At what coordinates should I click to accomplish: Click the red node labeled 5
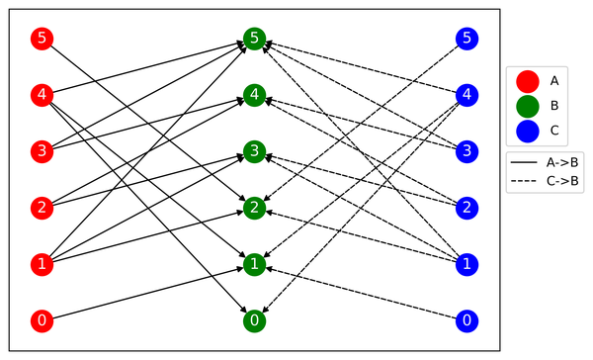click(41, 40)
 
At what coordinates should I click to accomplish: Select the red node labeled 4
click(41, 96)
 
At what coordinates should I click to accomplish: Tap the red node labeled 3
click(41, 152)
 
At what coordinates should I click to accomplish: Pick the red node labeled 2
click(41, 208)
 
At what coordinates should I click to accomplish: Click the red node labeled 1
click(41, 264)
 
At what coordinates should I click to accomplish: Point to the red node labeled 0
click(41, 320)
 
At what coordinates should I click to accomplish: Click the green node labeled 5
click(254, 40)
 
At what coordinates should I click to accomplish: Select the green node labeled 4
click(254, 96)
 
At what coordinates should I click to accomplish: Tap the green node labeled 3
click(254, 152)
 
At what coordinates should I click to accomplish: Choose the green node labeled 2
click(254, 208)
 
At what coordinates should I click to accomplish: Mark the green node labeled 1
click(254, 264)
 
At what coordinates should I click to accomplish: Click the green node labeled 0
click(254, 320)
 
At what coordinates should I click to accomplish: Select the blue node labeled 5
click(467, 40)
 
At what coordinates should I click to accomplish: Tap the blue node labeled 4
click(467, 96)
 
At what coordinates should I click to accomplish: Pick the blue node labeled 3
click(467, 152)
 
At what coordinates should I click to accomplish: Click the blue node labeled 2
click(467, 208)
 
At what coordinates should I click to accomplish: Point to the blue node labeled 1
click(467, 264)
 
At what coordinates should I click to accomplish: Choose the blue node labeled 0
click(467, 320)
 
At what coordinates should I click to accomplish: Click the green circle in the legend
click(526, 105)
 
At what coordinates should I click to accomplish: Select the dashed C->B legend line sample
click(526, 182)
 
